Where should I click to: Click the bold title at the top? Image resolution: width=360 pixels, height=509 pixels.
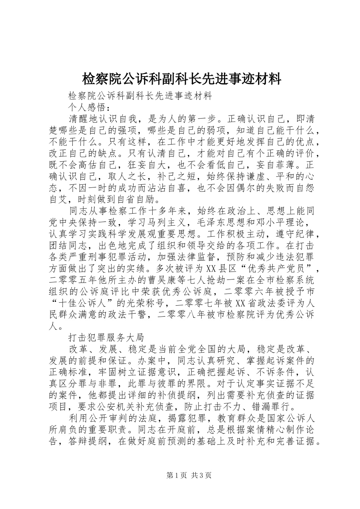(x=182, y=79)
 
